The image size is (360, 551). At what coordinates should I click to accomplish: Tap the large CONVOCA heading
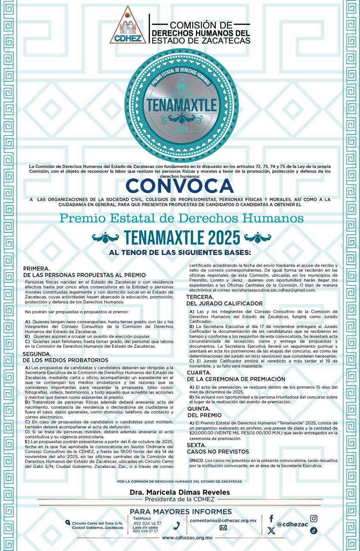[180, 186]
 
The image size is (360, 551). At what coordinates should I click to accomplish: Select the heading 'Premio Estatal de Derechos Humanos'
[181, 218]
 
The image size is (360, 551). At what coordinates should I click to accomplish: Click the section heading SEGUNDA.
[37, 354]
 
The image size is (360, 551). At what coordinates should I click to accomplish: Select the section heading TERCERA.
[200, 297]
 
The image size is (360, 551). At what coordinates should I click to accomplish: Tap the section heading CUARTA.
[199, 372]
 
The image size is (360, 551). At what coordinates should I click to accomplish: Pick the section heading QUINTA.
[199, 409]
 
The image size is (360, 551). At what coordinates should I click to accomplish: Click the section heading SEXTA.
[196, 445]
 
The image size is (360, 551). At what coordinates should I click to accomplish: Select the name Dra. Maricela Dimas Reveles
[179, 492]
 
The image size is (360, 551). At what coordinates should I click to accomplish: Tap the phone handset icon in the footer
[177, 526]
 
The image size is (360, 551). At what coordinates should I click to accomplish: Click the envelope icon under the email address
[223, 528]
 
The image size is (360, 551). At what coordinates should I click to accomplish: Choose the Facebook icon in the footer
[271, 519]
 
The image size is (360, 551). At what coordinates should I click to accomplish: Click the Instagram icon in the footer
[314, 519]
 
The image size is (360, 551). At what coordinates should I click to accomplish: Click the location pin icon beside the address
[68, 523]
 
